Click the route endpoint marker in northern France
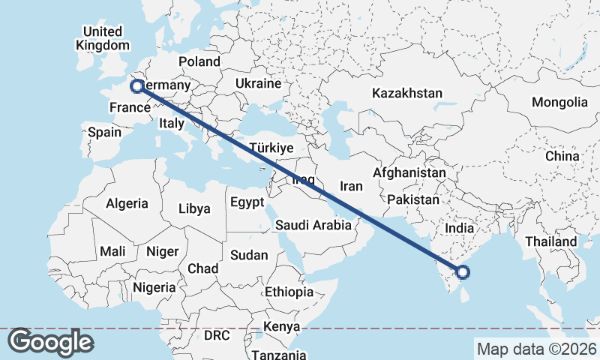pyautogui.click(x=137, y=86)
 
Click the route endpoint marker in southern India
pyautogui.click(x=463, y=272)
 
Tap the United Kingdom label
pyautogui.click(x=103, y=38)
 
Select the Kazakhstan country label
pyautogui.click(x=406, y=94)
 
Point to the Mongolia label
pyautogui.click(x=559, y=102)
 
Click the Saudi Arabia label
pyautogui.click(x=313, y=225)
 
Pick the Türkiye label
pyautogui.click(x=271, y=148)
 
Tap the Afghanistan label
pyautogui.click(x=409, y=172)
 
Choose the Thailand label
pyautogui.click(x=551, y=241)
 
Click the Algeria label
pyautogui.click(x=127, y=203)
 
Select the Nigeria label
pyautogui.click(x=154, y=287)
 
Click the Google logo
pyautogui.click(x=50, y=342)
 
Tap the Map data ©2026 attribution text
pyautogui.click(x=535, y=349)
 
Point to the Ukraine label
pyautogui.click(x=258, y=82)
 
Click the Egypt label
pyautogui.click(x=247, y=202)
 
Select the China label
pyautogui.click(x=562, y=156)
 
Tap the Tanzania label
pyautogui.click(x=278, y=355)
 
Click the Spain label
pyautogui.click(x=104, y=132)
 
